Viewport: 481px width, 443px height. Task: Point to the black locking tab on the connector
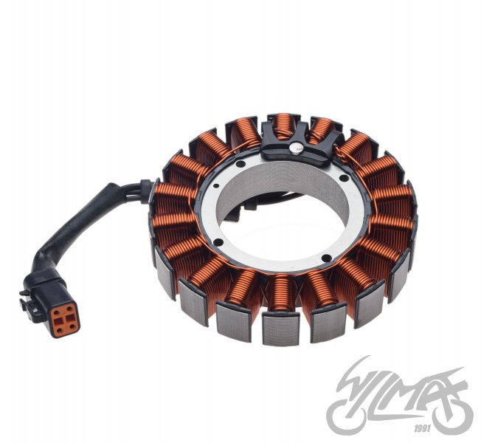pyautogui.click(x=30, y=303)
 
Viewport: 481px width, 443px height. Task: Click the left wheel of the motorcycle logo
pyautogui.click(x=350, y=413)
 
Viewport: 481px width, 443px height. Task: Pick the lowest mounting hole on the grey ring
pyautogui.click(x=324, y=258)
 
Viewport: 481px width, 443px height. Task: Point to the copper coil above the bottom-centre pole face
pyautogui.click(x=280, y=292)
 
